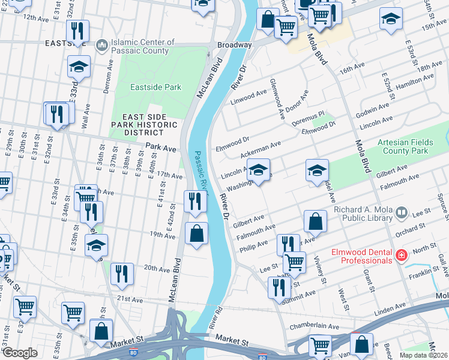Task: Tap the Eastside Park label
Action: [x=155, y=87]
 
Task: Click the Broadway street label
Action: [x=234, y=45]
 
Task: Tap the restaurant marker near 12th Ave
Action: [x=77, y=31]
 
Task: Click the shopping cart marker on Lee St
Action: [x=294, y=262]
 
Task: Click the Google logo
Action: [x=20, y=352]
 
